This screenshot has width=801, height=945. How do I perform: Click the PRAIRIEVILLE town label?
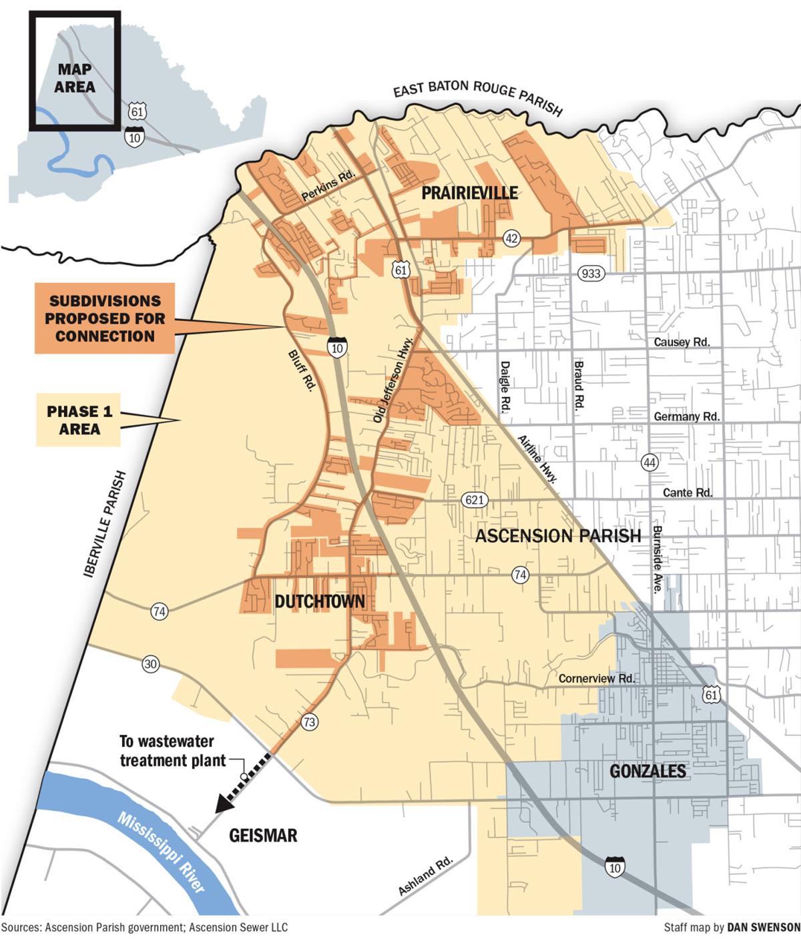469,194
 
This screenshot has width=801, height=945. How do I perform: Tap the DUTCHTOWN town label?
320,602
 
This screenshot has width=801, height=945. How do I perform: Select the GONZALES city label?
647,771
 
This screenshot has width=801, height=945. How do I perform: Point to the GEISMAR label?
263,836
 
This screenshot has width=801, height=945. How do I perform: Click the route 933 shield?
591,273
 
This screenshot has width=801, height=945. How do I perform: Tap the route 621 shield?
474,500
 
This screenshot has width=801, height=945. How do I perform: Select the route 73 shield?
308,721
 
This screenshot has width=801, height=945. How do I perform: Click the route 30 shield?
151,664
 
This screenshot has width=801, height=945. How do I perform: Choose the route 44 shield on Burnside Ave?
649,462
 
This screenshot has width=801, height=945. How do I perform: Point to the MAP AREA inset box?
74,70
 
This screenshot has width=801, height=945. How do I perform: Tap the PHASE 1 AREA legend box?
79,420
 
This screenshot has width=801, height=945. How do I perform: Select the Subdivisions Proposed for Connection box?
104,318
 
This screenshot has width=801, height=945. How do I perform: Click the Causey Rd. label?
681,342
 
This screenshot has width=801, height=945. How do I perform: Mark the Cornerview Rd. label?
596,679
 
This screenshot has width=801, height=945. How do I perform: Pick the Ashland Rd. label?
425,876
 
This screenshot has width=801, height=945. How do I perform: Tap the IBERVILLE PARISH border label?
105,524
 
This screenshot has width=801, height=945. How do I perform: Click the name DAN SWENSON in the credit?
763,928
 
